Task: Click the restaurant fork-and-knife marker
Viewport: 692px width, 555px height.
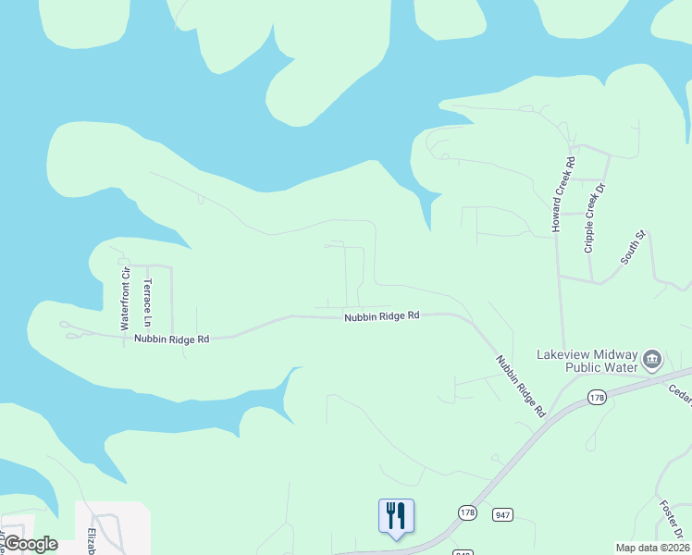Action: coord(396,515)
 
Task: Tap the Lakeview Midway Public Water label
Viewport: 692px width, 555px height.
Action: coord(587,360)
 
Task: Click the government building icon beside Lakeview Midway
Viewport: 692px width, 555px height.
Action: coord(652,358)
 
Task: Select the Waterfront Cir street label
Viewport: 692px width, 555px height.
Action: coord(124,298)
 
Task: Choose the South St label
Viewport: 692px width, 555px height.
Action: coord(631,247)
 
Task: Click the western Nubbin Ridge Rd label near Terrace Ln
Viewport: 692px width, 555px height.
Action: coord(172,339)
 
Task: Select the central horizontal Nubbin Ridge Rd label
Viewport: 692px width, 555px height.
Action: coord(382,315)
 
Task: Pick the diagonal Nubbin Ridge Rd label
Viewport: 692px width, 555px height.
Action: coord(521,385)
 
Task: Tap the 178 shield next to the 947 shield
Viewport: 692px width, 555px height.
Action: coord(467,512)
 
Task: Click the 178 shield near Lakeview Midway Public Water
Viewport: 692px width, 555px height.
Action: coord(596,397)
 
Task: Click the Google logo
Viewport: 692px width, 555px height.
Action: coord(31,544)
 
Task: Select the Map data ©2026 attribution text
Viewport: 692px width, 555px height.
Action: coord(652,548)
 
